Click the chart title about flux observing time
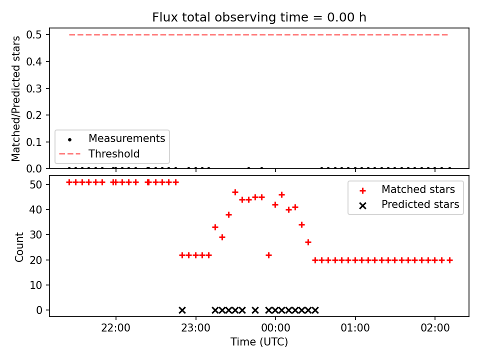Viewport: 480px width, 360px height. (x=259, y=17)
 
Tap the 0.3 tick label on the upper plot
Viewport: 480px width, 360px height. (x=33, y=88)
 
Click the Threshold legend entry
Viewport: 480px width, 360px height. (x=99, y=153)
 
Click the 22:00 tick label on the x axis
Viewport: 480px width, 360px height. (x=115, y=328)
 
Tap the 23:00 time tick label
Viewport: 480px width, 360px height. (x=195, y=328)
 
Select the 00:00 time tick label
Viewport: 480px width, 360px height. (x=275, y=328)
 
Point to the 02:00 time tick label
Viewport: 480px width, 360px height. (x=435, y=328)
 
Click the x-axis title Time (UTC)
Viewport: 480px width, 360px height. (x=259, y=341)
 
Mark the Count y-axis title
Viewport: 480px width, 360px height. (x=19, y=247)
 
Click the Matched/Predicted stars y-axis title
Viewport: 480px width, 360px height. (x=15, y=98)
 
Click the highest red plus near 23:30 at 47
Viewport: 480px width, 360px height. (x=235, y=192)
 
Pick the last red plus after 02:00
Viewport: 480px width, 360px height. (x=449, y=260)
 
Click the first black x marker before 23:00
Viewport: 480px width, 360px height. (x=182, y=310)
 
